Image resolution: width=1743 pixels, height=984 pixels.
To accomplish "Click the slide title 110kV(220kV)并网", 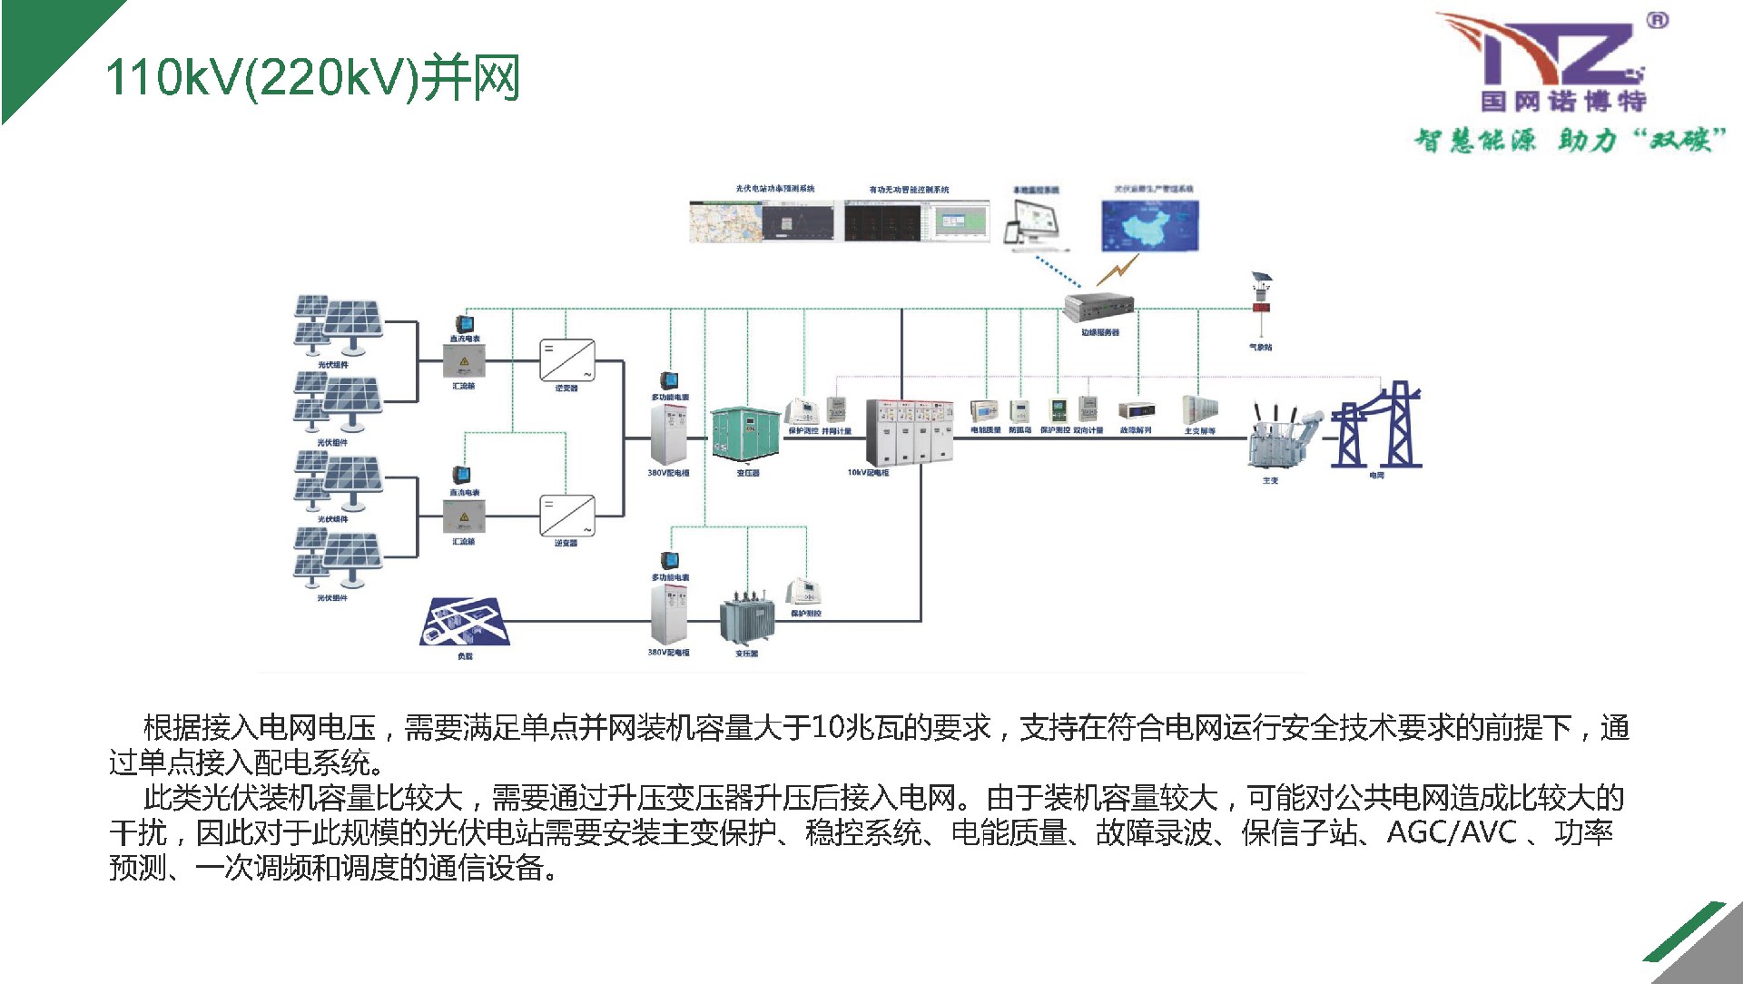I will (x=313, y=77).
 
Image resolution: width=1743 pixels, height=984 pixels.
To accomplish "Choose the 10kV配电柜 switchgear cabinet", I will (x=909, y=431).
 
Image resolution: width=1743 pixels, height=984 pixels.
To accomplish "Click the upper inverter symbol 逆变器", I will (x=567, y=360).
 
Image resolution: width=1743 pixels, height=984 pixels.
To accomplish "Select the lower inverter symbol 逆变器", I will (x=567, y=516).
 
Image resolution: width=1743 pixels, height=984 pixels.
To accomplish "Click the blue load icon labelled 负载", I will (x=465, y=621).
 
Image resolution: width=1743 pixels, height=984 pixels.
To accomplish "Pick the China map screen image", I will (x=1150, y=225).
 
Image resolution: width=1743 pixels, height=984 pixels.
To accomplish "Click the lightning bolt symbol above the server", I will (x=1118, y=270).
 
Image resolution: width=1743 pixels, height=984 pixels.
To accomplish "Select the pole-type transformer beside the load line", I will (x=746, y=619).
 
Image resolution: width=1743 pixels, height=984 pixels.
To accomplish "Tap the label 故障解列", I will (x=1136, y=430).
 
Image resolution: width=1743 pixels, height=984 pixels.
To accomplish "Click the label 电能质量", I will (x=986, y=430).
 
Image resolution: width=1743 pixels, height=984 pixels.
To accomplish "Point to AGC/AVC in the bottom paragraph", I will (x=1452, y=831).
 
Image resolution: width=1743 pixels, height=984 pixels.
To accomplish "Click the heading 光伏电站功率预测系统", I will (x=774, y=189).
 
